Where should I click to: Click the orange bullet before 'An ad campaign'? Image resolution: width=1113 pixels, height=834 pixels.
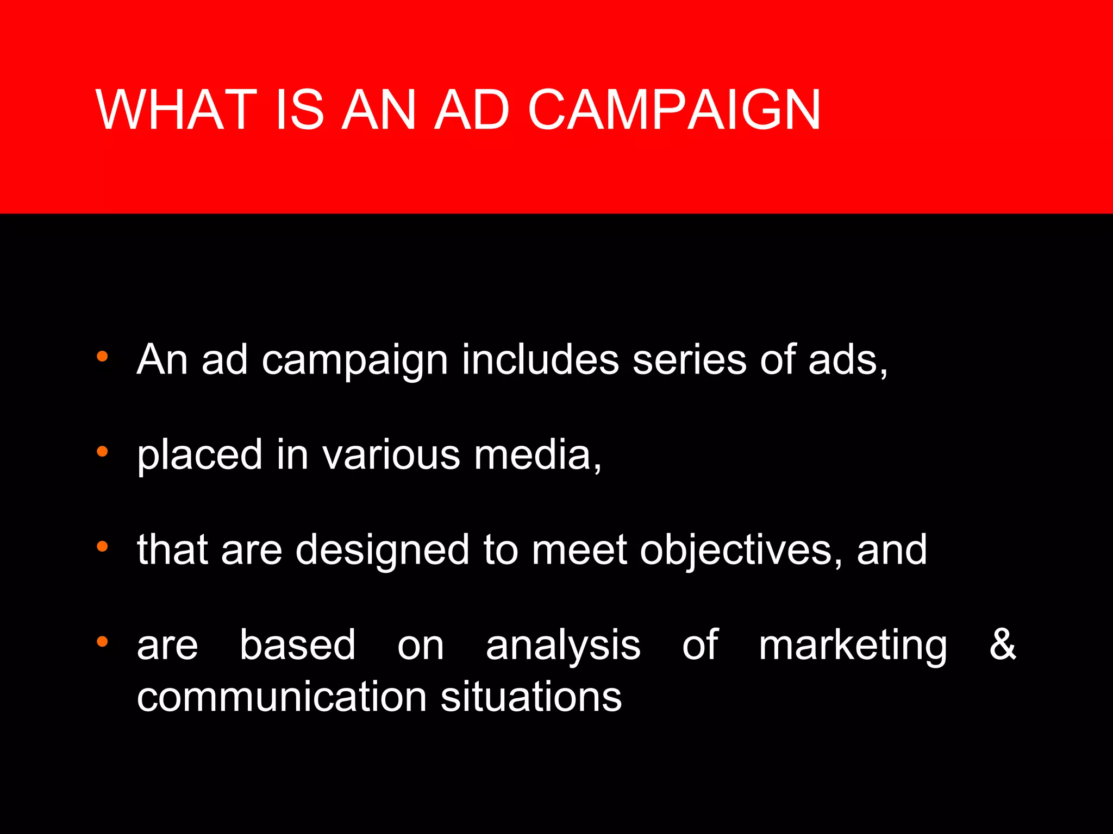pyautogui.click(x=102, y=357)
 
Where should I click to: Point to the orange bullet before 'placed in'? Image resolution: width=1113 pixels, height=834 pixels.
pyautogui.click(x=102, y=451)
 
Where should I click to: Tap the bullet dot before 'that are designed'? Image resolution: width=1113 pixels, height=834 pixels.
pyautogui.click(x=102, y=547)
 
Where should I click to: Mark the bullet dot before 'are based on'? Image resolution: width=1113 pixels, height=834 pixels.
pyautogui.click(x=102, y=642)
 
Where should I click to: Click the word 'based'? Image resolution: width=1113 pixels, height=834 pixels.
pyautogui.click(x=298, y=645)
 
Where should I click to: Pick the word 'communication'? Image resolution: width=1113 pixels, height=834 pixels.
pyautogui.click(x=282, y=697)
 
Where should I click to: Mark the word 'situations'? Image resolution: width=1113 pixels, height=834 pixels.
pyautogui.click(x=531, y=697)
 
